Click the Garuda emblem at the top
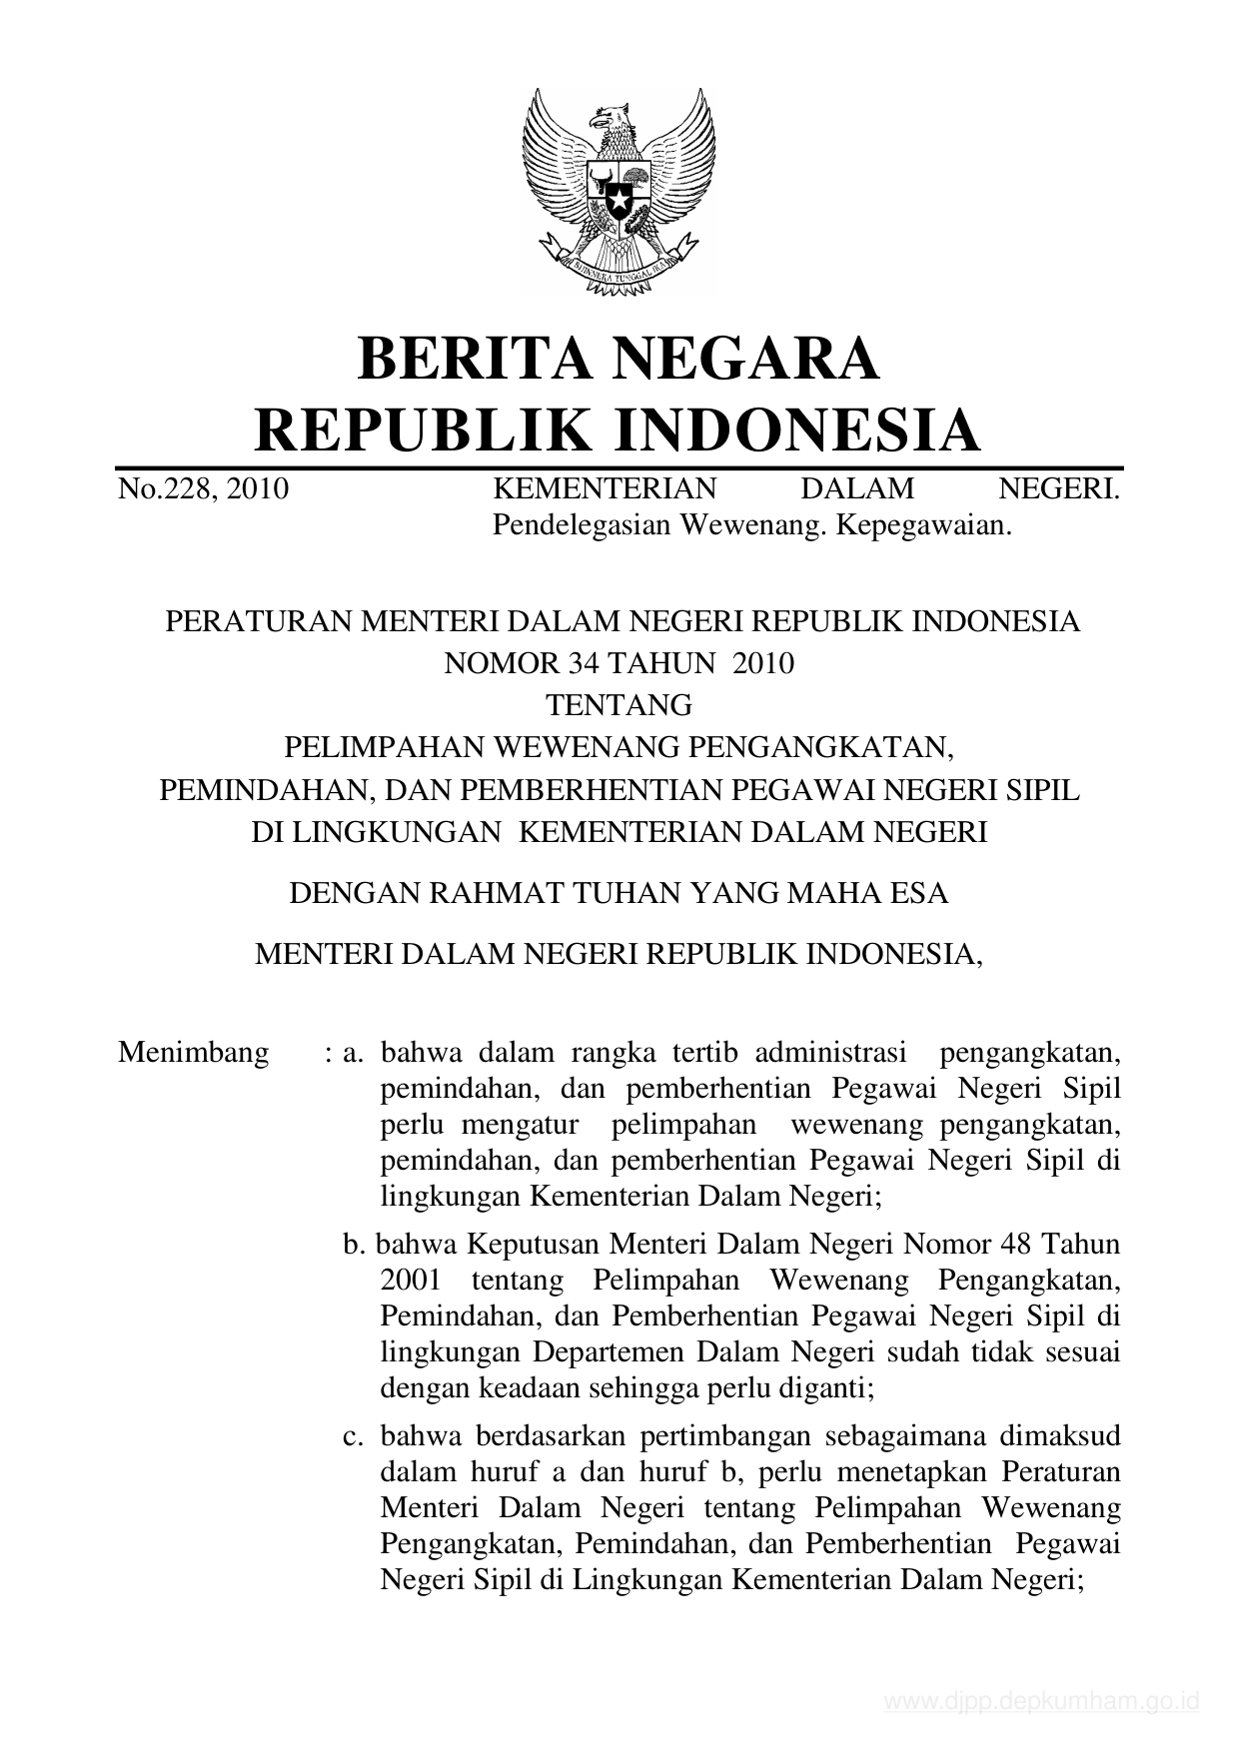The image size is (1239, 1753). tap(619, 191)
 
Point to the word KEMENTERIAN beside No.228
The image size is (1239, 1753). tap(606, 488)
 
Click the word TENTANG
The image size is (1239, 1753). tap(619, 705)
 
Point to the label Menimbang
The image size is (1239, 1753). tap(193, 1053)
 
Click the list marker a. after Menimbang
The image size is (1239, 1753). tap(352, 1053)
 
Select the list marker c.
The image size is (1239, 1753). tap(352, 1436)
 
